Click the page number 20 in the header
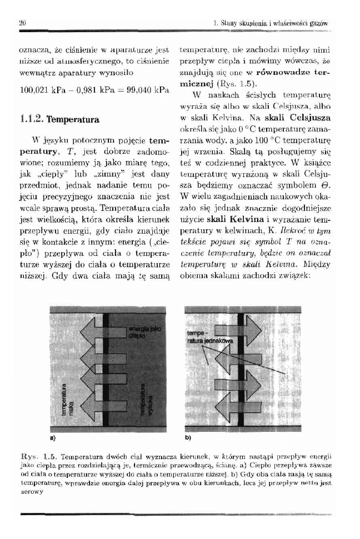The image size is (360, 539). click(x=22, y=23)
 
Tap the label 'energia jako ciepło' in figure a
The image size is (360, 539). click(x=143, y=332)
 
